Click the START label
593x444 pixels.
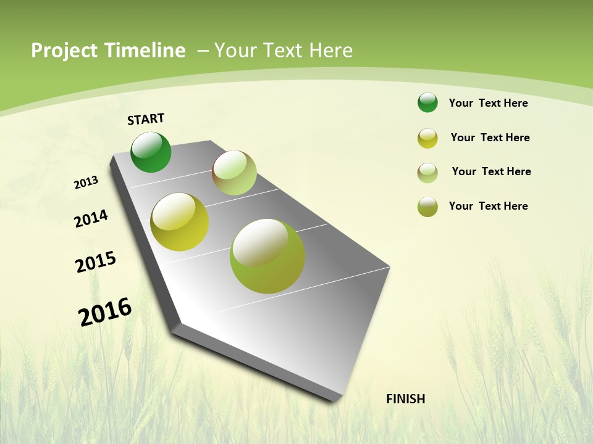pos(146,119)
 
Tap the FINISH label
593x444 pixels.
pos(405,399)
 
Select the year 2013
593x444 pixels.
pos(86,183)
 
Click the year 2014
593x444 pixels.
pos(91,218)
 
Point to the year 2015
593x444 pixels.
pos(96,261)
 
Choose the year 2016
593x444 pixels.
pos(105,311)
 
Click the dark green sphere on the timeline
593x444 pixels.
pos(151,152)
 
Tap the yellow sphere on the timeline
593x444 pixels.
pos(179,222)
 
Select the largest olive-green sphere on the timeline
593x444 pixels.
pos(267,256)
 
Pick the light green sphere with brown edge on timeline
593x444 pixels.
pos(234,173)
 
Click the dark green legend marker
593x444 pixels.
pos(427,102)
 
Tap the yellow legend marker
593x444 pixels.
pos(427,138)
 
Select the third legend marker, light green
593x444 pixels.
pos(427,173)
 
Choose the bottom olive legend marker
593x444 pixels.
pos(427,207)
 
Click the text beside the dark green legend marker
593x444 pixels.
pos(488,103)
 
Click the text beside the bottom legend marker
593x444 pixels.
pos(488,206)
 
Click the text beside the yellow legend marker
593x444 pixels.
pos(490,138)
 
